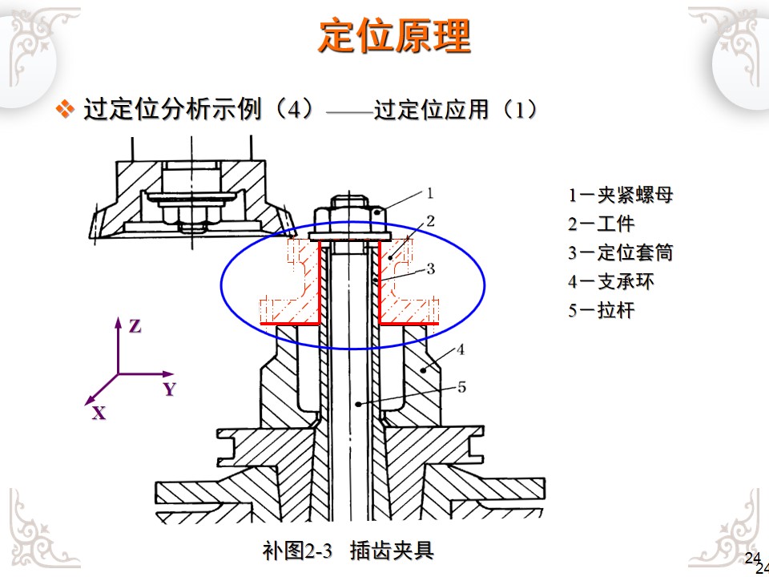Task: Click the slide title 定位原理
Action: (x=394, y=36)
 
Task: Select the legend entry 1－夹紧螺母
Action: (x=621, y=195)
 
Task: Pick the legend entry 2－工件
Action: (x=602, y=224)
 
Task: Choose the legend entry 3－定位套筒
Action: (x=621, y=252)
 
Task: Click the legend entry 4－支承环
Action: (x=611, y=281)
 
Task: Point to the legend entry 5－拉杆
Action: (x=602, y=310)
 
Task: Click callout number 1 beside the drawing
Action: (x=429, y=192)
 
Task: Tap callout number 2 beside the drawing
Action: (x=430, y=220)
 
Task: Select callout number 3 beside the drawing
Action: (x=430, y=268)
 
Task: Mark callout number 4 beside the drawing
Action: (x=461, y=349)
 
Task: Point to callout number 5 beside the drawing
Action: (x=461, y=387)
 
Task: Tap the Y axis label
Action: (x=169, y=389)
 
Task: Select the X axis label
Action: (x=99, y=414)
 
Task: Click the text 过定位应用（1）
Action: (x=455, y=109)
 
